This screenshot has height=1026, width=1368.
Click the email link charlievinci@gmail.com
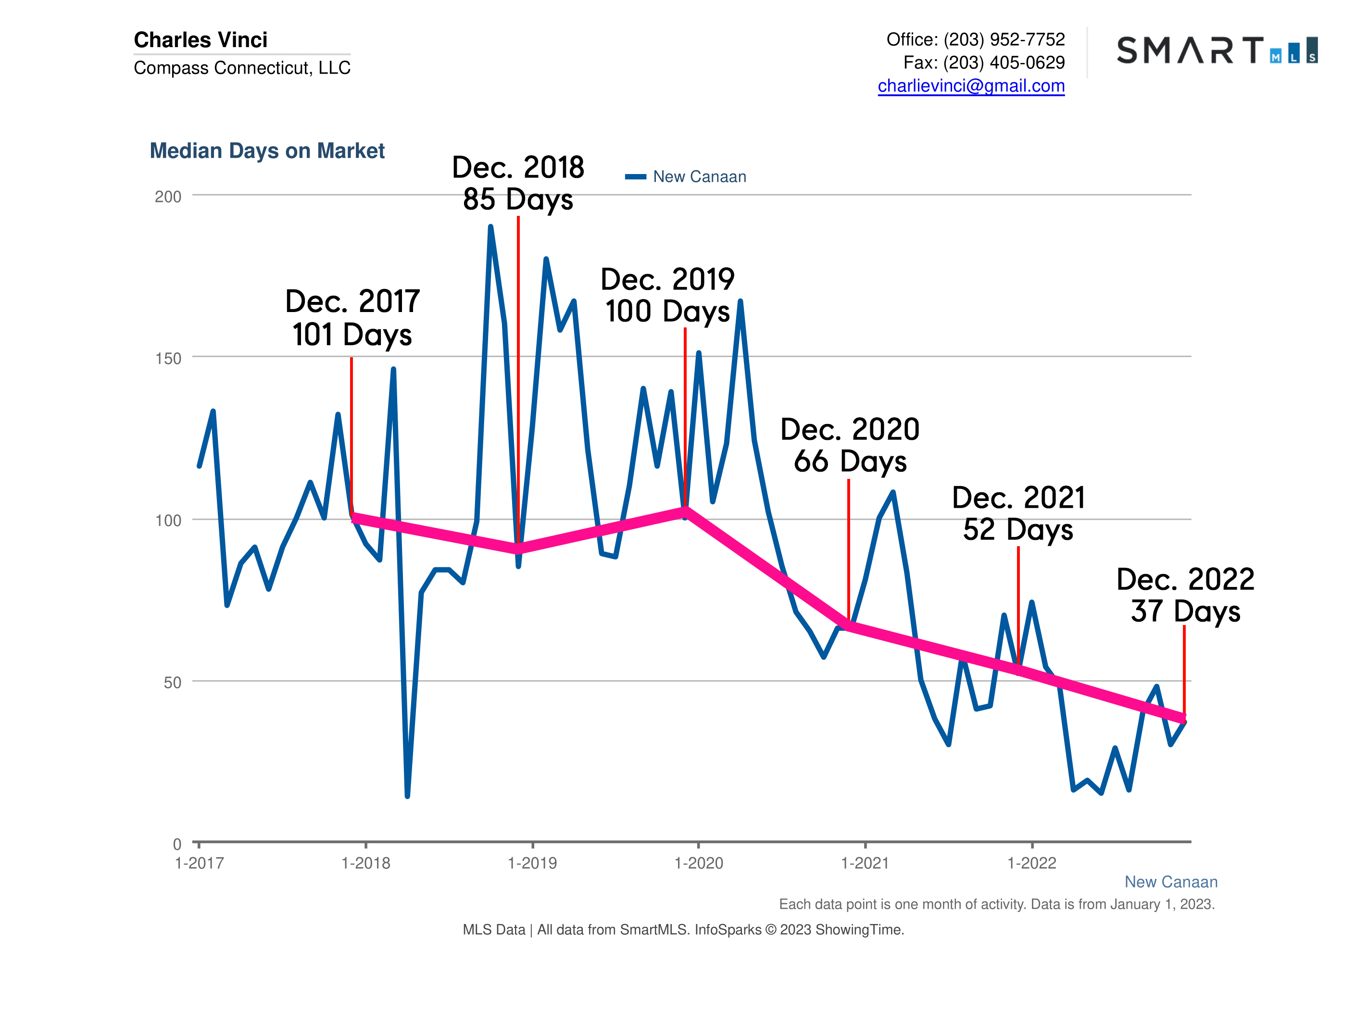(x=970, y=86)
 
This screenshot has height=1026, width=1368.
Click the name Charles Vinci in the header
(x=201, y=39)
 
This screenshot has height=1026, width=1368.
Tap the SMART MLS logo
(x=1217, y=50)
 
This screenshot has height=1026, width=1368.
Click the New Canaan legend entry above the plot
(x=698, y=177)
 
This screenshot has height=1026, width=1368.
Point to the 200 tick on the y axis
(x=168, y=197)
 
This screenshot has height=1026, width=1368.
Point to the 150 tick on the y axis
(x=168, y=359)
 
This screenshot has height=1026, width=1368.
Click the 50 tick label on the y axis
(x=172, y=683)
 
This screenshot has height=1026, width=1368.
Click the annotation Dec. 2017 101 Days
(x=352, y=318)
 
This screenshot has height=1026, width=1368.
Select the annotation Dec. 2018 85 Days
(x=518, y=183)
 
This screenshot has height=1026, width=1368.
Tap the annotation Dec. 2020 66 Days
(x=850, y=445)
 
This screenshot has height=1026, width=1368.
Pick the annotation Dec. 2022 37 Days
(x=1185, y=595)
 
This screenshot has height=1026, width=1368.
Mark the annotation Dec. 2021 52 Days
(x=1018, y=513)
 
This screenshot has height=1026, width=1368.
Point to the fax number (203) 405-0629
(x=1004, y=63)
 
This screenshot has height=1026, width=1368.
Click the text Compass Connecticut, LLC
(x=242, y=67)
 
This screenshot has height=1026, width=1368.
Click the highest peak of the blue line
(x=490, y=227)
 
